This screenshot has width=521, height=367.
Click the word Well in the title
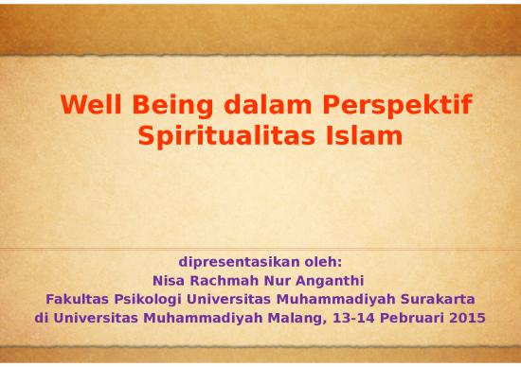pos(88,104)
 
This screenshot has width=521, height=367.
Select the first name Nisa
pos(170,280)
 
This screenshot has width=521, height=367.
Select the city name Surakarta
pos(440,299)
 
